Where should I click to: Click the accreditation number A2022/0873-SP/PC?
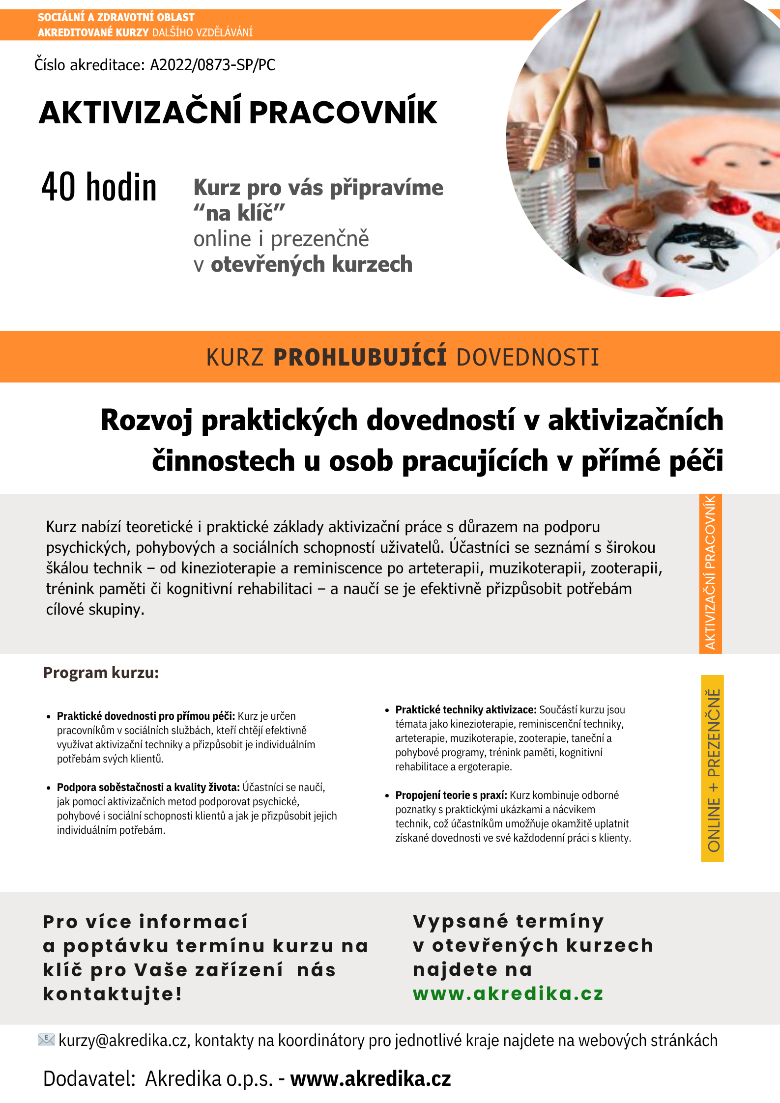coord(212,65)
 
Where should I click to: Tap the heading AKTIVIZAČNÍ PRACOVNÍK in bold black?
coord(238,113)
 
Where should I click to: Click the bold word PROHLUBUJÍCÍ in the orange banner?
coord(360,357)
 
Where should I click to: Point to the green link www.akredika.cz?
coord(508,993)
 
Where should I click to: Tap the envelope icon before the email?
coord(46,1040)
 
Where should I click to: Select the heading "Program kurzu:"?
coord(101,673)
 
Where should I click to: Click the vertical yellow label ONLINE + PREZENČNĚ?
coord(713,769)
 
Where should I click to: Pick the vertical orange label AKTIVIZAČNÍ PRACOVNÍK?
coord(710,573)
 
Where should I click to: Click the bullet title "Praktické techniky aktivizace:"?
coord(465,709)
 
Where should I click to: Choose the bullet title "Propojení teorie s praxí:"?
coord(451,795)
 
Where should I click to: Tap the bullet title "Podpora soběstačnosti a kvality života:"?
coord(148,787)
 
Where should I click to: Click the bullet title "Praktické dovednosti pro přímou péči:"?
coord(146,716)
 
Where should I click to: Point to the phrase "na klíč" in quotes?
coord(239,213)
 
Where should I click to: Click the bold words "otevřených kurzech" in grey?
coord(312,264)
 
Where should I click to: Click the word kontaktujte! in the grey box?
coord(113,994)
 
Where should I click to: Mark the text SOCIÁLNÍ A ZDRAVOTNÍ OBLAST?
coord(116,18)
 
